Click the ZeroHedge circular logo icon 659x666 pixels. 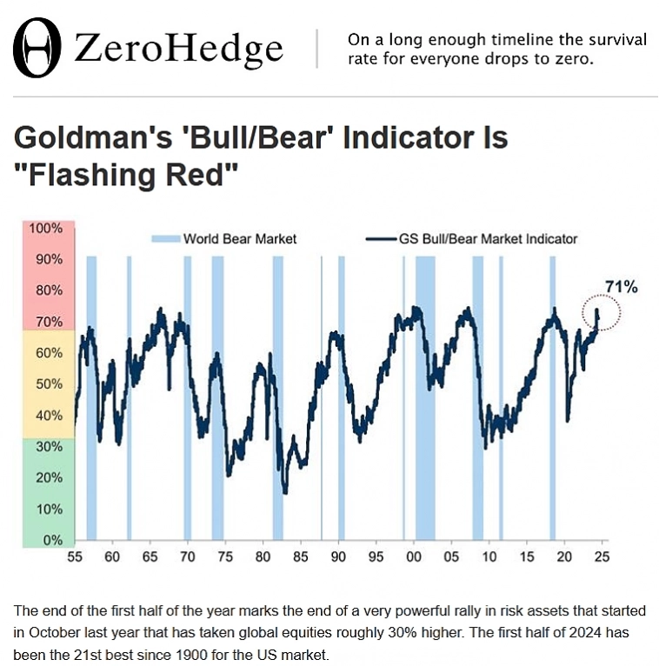[41, 49]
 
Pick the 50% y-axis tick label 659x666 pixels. [49, 384]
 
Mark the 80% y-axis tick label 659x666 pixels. [49, 290]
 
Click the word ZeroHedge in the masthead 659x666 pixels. [178, 49]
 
